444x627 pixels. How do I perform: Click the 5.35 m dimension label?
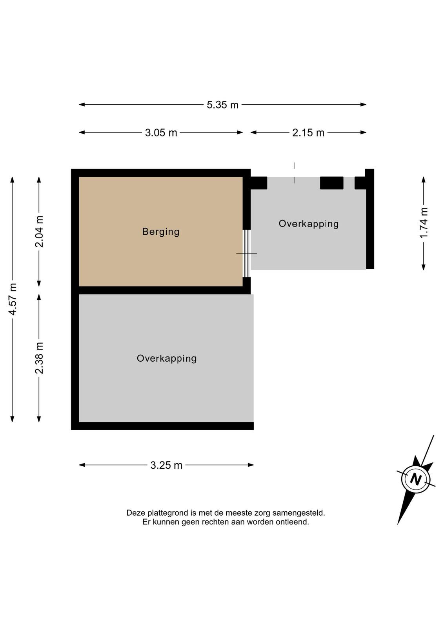coord(222,105)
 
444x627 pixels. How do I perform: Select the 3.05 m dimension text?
coord(161,133)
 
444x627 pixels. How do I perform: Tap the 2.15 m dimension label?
coord(308,133)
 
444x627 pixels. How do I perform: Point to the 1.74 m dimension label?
coord(424,223)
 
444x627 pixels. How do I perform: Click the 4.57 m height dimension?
coord(13,299)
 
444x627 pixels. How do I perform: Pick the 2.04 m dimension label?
coord(39,232)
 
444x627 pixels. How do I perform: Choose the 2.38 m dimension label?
coord(39,358)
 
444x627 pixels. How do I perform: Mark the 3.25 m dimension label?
coord(166,466)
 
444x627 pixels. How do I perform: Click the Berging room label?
coord(161,232)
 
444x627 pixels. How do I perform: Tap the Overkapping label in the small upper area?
coord(309,224)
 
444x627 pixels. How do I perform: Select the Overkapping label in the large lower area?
coord(167,359)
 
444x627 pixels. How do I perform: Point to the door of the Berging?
coord(246,254)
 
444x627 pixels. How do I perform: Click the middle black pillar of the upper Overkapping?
coord(332,183)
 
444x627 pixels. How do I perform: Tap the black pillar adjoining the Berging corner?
coord(259,183)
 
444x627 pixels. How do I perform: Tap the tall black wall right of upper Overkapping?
coord(370,219)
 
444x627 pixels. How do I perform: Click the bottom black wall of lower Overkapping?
coord(162,426)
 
